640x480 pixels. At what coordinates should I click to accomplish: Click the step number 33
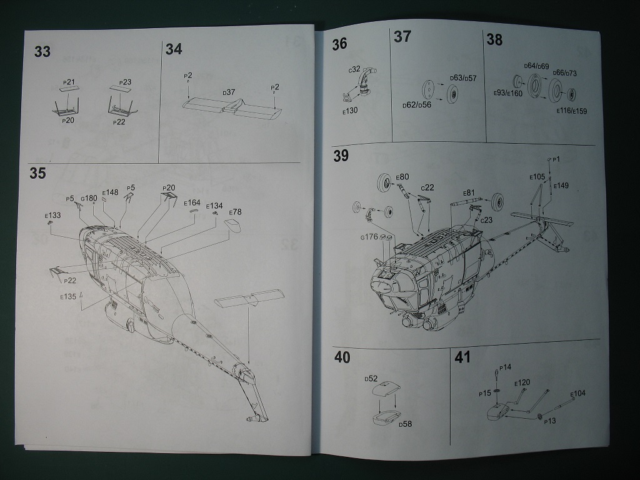tap(42, 52)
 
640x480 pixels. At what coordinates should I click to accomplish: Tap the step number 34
tap(174, 50)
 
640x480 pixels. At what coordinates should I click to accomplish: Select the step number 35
tap(37, 173)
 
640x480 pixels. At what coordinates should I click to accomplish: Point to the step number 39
tap(341, 156)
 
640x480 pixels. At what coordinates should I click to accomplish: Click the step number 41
tap(462, 357)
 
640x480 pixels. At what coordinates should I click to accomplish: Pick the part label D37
tap(229, 92)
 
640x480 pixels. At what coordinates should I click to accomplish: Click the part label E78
tap(235, 212)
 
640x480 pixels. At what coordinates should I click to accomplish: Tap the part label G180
tap(89, 198)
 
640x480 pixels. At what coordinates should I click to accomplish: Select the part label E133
tap(53, 216)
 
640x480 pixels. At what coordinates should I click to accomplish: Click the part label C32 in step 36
tap(354, 69)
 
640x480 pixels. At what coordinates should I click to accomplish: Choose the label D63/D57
tap(463, 78)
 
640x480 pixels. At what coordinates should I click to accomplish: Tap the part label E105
tap(537, 177)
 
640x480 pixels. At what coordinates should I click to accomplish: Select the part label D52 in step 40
tap(372, 379)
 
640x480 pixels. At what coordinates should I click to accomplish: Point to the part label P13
tap(550, 421)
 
